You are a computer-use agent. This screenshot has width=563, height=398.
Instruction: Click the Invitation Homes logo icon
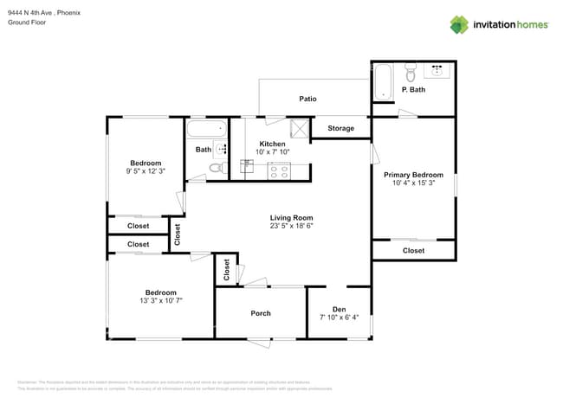(x=458, y=24)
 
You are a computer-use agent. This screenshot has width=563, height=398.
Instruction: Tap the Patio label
(x=307, y=99)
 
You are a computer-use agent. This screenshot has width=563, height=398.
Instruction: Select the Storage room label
(x=340, y=128)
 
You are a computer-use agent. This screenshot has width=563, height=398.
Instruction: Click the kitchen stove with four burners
(x=279, y=170)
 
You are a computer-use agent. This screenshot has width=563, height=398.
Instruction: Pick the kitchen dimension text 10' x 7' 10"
(x=272, y=152)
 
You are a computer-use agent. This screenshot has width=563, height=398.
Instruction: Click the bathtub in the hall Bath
(x=206, y=130)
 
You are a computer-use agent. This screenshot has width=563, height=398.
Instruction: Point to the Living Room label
(x=291, y=218)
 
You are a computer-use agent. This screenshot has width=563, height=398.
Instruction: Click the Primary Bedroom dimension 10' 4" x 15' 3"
(x=413, y=183)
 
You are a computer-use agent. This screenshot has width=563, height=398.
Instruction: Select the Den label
(x=339, y=308)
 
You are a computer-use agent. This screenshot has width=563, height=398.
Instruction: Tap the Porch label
(x=261, y=313)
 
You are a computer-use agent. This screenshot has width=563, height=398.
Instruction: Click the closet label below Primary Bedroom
(x=413, y=250)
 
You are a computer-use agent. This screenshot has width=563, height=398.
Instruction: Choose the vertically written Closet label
(x=178, y=234)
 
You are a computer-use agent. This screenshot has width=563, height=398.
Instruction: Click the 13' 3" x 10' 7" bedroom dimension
(x=160, y=300)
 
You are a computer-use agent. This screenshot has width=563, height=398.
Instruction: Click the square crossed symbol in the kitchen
(x=300, y=128)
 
